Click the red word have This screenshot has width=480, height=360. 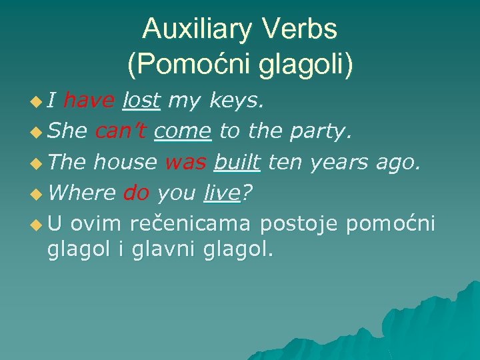(x=90, y=101)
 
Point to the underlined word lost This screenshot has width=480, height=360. (x=142, y=101)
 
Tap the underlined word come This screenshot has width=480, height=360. (x=183, y=131)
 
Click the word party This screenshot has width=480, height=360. (x=319, y=131)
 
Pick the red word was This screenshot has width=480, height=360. (x=185, y=162)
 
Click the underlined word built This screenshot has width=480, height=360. (x=237, y=162)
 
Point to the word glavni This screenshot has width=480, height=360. (x=160, y=250)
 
